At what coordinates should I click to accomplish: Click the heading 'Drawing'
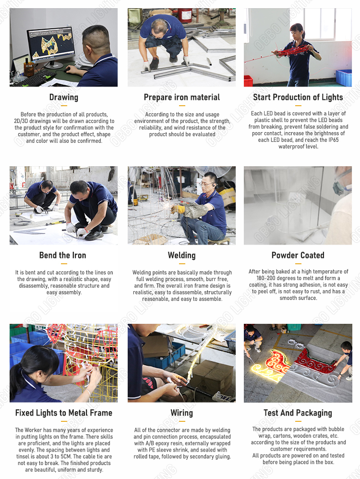pyautogui.click(x=64, y=97)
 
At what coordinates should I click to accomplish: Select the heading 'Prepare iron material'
pyautogui.click(x=181, y=97)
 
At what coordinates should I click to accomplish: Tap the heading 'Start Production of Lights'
pyautogui.click(x=298, y=97)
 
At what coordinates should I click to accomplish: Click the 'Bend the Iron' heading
pyautogui.click(x=62, y=255)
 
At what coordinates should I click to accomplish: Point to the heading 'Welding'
pyautogui.click(x=181, y=255)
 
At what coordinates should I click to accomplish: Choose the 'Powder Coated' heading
pyautogui.click(x=298, y=255)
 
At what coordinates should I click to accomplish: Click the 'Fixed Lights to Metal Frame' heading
pyautogui.click(x=64, y=413)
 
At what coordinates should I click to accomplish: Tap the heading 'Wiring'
pyautogui.click(x=181, y=413)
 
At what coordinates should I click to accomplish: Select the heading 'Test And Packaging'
pyautogui.click(x=298, y=413)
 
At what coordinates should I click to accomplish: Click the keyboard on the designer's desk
pyautogui.click(x=34, y=78)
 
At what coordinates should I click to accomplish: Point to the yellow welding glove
pyautogui.click(x=178, y=209)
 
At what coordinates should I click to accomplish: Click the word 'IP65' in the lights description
pyautogui.click(x=333, y=140)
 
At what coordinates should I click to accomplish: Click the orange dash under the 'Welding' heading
pyautogui.click(x=182, y=263)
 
